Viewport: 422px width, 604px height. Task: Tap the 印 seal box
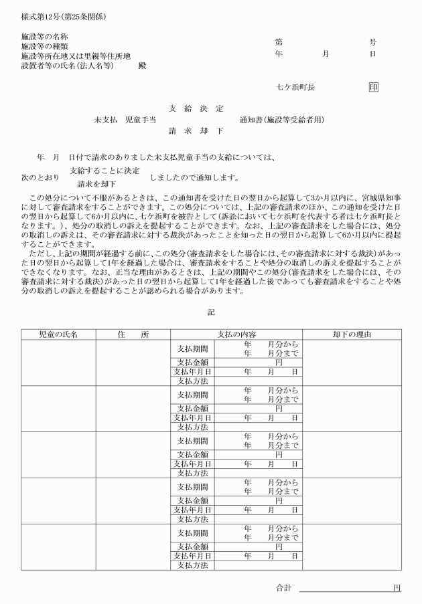pos(373,87)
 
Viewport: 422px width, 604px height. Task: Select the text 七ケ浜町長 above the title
pos(295,87)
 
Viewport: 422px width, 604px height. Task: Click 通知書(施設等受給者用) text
pos(281,120)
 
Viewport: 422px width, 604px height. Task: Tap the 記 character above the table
pos(211,312)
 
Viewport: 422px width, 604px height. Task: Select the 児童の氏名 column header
pos(58,334)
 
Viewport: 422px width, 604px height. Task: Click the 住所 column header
pos(133,334)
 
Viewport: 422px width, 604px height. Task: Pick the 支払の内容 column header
pos(236,334)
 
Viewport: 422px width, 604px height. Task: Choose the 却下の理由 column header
pos(352,334)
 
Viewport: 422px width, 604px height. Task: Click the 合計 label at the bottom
pos(284,588)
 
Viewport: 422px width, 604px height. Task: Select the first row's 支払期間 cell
pos(192,349)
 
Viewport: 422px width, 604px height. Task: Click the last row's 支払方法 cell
pos(192,565)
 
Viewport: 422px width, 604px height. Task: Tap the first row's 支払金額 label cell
pos(192,362)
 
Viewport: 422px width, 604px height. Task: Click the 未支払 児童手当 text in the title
pos(125,120)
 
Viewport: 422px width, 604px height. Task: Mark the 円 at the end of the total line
pos(397,588)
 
